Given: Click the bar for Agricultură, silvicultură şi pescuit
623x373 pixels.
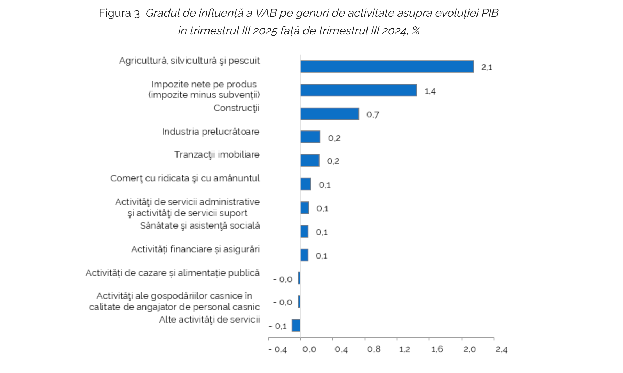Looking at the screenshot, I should click(387, 66).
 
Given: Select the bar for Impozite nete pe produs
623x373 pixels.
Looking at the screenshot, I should click(358, 90).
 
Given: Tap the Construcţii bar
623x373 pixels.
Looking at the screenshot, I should click(330, 114).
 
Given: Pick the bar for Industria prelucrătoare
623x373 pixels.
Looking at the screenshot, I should click(310, 137).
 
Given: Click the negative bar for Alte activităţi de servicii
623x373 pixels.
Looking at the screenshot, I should click(296, 325).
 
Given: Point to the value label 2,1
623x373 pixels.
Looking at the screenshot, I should click(487, 67).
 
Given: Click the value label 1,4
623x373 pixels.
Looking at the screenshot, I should click(430, 91).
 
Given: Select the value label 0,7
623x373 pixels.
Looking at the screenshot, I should click(372, 114).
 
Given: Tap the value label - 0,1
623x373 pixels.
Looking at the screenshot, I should click(278, 326).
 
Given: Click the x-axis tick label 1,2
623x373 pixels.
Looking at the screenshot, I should click(404, 349).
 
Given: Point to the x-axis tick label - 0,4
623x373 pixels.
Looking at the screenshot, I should click(277, 349).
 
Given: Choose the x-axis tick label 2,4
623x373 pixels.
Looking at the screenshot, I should click(502, 349).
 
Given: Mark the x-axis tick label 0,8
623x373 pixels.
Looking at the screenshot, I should click(373, 349).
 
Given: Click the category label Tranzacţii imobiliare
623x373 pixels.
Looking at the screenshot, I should click(217, 154).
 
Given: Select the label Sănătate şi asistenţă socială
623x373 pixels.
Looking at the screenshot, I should click(200, 225).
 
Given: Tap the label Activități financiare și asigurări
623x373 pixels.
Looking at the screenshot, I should click(195, 249).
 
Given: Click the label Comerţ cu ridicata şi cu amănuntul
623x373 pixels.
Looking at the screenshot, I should click(185, 178).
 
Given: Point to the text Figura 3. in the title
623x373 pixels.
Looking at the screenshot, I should click(120, 13).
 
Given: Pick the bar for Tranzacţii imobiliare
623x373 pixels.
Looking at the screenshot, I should click(310, 160).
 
